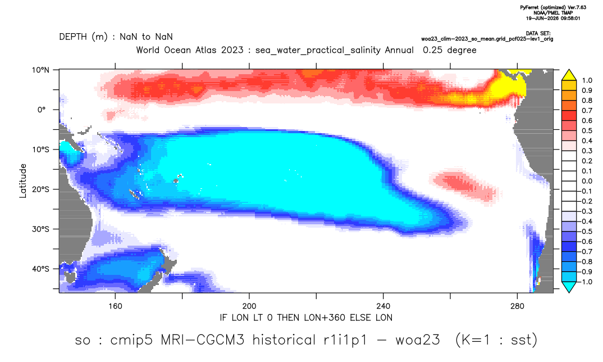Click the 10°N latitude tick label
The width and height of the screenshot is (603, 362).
[40, 70]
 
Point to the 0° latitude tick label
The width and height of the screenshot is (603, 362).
[42, 110]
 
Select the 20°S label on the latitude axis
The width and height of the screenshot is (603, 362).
[40, 189]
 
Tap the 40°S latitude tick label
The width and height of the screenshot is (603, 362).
[40, 269]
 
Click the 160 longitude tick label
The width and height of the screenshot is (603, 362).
[115, 306]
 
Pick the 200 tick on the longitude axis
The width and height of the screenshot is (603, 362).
[249, 306]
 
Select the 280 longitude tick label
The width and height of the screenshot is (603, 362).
[517, 306]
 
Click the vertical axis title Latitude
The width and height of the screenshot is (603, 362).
[23, 181]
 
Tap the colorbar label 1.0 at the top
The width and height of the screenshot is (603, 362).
[587, 80]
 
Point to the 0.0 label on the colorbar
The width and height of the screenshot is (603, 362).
[587, 181]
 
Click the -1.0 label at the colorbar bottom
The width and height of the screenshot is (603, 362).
[585, 282]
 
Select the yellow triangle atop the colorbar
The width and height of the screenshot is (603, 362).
[569, 75]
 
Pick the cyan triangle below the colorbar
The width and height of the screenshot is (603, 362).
[569, 287]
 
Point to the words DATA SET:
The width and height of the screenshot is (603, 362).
[538, 34]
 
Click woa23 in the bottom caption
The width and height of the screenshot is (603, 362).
[418, 340]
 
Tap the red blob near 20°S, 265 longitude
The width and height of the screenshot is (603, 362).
[467, 185]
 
